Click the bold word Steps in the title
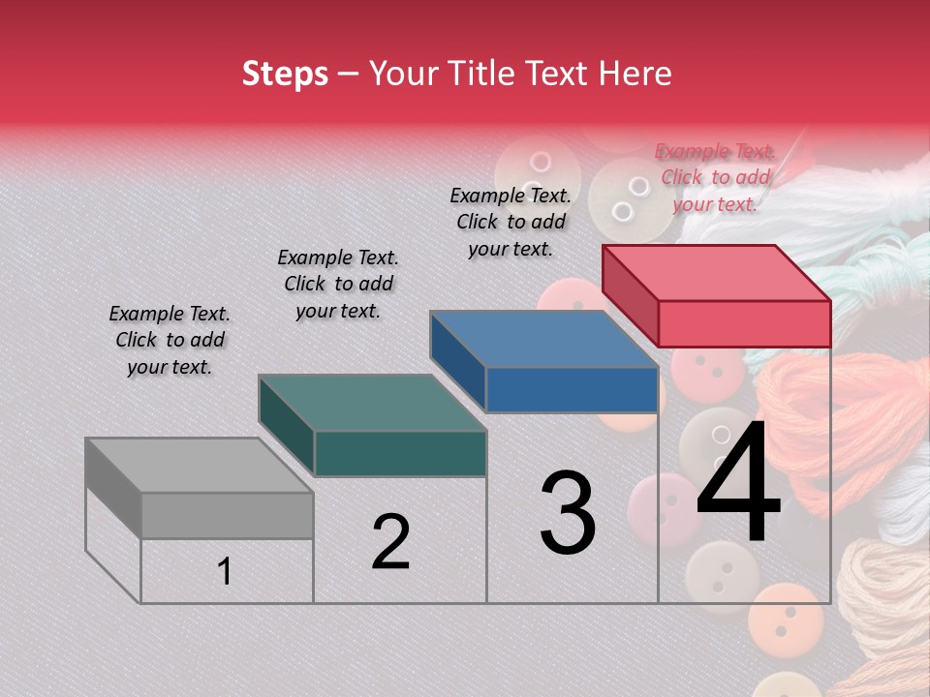[285, 74]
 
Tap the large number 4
[738, 483]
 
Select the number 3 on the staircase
[568, 513]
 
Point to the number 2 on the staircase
[391, 542]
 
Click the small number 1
[225, 571]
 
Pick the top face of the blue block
[543, 339]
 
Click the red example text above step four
[715, 177]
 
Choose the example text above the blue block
[511, 222]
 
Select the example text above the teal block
[338, 284]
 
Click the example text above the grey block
[170, 340]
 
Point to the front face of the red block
[744, 323]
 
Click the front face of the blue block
[572, 390]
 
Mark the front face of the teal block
[400, 453]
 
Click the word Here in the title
[637, 74]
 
